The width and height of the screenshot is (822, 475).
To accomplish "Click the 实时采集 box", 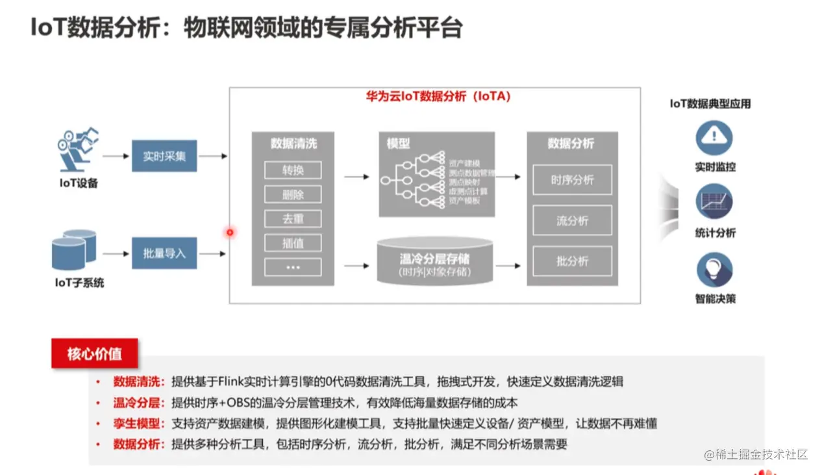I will (x=164, y=156).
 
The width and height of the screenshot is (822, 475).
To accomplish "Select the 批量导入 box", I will (x=164, y=253).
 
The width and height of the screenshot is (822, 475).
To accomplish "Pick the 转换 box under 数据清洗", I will (x=293, y=171).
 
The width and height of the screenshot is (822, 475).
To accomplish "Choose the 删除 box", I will (x=293, y=195).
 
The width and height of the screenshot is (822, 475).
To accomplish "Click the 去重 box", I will (x=293, y=219).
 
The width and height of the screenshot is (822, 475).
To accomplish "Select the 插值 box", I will (x=293, y=243).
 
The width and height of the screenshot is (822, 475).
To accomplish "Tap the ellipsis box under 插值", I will (x=293, y=267).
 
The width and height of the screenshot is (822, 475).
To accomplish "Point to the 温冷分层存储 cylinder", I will (x=434, y=261).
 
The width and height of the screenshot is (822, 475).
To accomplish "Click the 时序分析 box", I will (x=572, y=180).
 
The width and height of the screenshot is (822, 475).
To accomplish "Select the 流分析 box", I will (x=572, y=221).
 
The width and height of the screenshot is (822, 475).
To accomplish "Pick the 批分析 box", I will (x=572, y=261).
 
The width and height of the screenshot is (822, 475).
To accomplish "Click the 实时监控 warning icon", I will (x=714, y=137).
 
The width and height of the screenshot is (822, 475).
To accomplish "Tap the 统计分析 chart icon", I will (x=714, y=202).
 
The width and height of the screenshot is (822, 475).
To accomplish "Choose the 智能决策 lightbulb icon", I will (x=714, y=269).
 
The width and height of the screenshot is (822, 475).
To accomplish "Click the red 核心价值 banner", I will (x=95, y=354).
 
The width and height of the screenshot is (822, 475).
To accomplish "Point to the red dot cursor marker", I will (x=229, y=232).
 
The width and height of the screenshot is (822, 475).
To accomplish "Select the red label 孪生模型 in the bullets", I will (x=136, y=424).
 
